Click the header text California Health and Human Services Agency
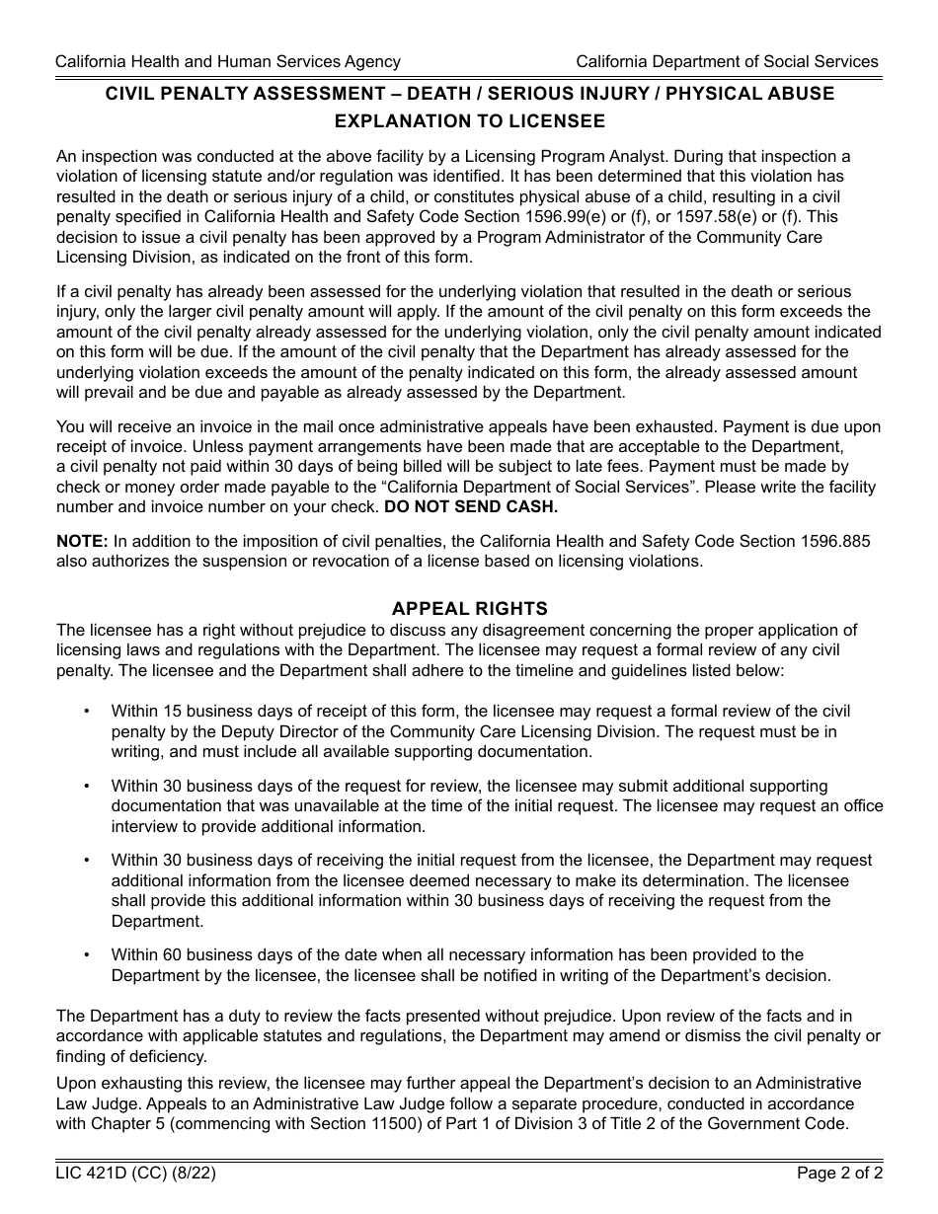click(228, 61)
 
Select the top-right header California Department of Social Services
click(727, 61)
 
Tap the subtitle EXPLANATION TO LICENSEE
click(469, 121)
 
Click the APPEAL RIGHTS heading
click(469, 609)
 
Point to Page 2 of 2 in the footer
click(839, 1174)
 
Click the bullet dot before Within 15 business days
click(87, 712)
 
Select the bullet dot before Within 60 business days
click(87, 955)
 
